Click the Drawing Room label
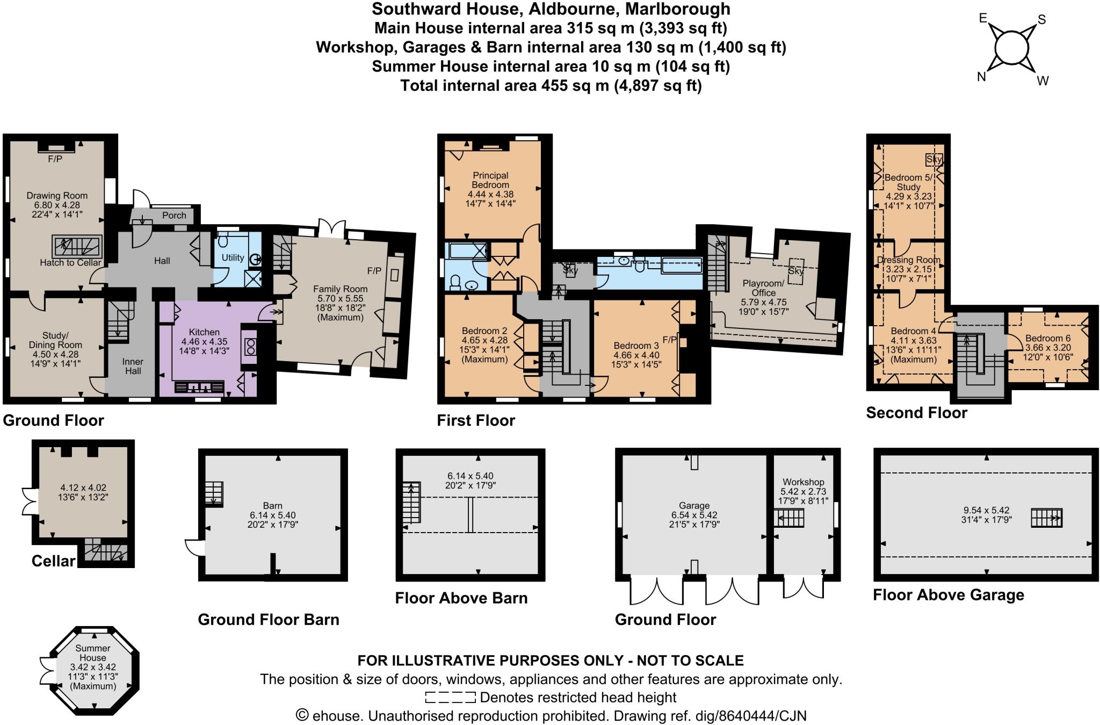coord(57,196)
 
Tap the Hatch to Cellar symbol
coord(76,247)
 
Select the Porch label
coord(174,216)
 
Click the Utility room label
coord(233,258)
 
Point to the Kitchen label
coord(204,332)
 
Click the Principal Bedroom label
coord(490,180)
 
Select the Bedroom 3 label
coord(636,346)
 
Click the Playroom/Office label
coord(763,288)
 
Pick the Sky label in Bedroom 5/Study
coord(934,160)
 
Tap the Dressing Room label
coord(908,260)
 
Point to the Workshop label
coord(803,482)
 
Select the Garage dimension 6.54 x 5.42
coord(694,515)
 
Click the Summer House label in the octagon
coord(93,653)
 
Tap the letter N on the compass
coord(981,77)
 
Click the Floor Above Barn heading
coord(461,598)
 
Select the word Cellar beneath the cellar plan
coord(53,561)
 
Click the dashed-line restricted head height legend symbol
coord(450,698)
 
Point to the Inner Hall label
coord(133,366)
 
